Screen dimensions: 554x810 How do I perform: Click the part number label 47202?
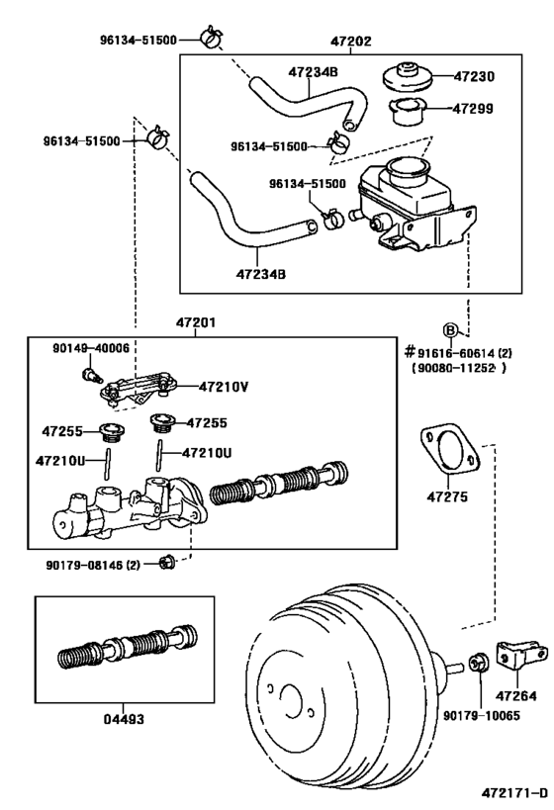pos(351,42)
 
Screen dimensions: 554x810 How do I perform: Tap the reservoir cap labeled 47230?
pos(408,77)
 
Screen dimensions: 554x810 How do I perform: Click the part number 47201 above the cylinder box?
pos(196,322)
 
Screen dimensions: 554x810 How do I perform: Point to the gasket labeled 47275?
pos(449,448)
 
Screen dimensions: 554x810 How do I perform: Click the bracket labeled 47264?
pos(521,658)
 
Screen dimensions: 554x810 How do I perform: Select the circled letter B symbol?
pos(450,330)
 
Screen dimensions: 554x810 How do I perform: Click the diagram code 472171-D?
pos(514,792)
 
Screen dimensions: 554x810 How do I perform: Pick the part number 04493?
pos(124,719)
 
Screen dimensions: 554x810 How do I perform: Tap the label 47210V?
pos(224,387)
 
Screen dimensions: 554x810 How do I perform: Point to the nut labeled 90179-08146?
pos(167,562)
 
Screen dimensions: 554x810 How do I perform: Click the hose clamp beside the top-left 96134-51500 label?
pos(212,37)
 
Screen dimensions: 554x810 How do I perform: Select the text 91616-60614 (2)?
pos(464,353)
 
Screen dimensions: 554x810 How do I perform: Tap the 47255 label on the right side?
pos(207,423)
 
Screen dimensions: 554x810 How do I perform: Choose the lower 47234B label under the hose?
pos(261,274)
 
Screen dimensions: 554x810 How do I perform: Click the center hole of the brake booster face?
pos(290,701)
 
